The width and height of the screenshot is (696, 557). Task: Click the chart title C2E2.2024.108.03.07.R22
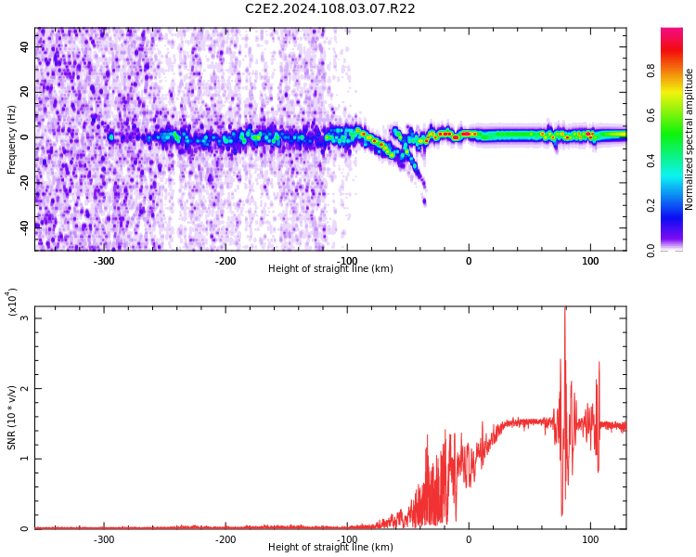click(329, 9)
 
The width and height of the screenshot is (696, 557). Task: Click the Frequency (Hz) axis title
click(12, 139)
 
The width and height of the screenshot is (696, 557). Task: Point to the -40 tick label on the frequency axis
click(22, 226)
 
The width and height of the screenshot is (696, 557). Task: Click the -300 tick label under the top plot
click(104, 261)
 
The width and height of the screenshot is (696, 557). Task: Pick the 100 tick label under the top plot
click(589, 261)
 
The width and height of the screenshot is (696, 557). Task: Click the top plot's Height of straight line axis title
click(330, 269)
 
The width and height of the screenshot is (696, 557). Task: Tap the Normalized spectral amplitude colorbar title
click(690, 139)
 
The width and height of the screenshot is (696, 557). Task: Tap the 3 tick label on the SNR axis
click(24, 318)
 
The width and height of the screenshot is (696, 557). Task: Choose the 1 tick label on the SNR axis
click(24, 459)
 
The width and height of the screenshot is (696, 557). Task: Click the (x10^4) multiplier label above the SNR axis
click(12, 302)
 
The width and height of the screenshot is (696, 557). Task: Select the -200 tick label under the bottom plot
click(226, 539)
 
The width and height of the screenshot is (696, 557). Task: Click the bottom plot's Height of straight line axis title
click(330, 548)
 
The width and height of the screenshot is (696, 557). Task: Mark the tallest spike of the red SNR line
click(564, 310)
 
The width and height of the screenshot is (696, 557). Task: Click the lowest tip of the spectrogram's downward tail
click(424, 203)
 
